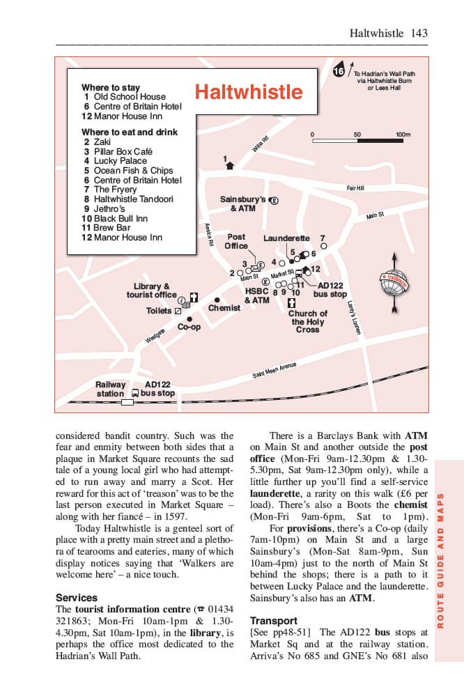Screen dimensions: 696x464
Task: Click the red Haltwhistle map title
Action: click(x=249, y=93)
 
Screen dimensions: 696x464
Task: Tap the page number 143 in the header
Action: click(x=419, y=33)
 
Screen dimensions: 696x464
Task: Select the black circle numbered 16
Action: click(x=339, y=71)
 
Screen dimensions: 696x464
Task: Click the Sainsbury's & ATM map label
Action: click(x=243, y=203)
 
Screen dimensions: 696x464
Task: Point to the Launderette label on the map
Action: click(x=286, y=238)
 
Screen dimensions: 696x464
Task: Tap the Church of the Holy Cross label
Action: click(x=307, y=321)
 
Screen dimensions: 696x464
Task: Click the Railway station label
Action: click(x=111, y=389)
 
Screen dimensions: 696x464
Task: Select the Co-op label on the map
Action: click(x=189, y=327)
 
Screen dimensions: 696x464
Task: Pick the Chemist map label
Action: click(x=224, y=308)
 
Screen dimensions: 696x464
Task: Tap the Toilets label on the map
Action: click(x=159, y=311)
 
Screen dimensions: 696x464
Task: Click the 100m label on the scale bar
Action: click(x=403, y=134)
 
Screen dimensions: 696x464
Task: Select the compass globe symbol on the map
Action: click(x=396, y=281)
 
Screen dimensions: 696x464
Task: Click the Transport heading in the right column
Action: click(x=274, y=620)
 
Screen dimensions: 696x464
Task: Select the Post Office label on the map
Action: click(x=236, y=241)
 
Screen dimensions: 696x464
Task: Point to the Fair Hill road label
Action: click(x=355, y=188)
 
